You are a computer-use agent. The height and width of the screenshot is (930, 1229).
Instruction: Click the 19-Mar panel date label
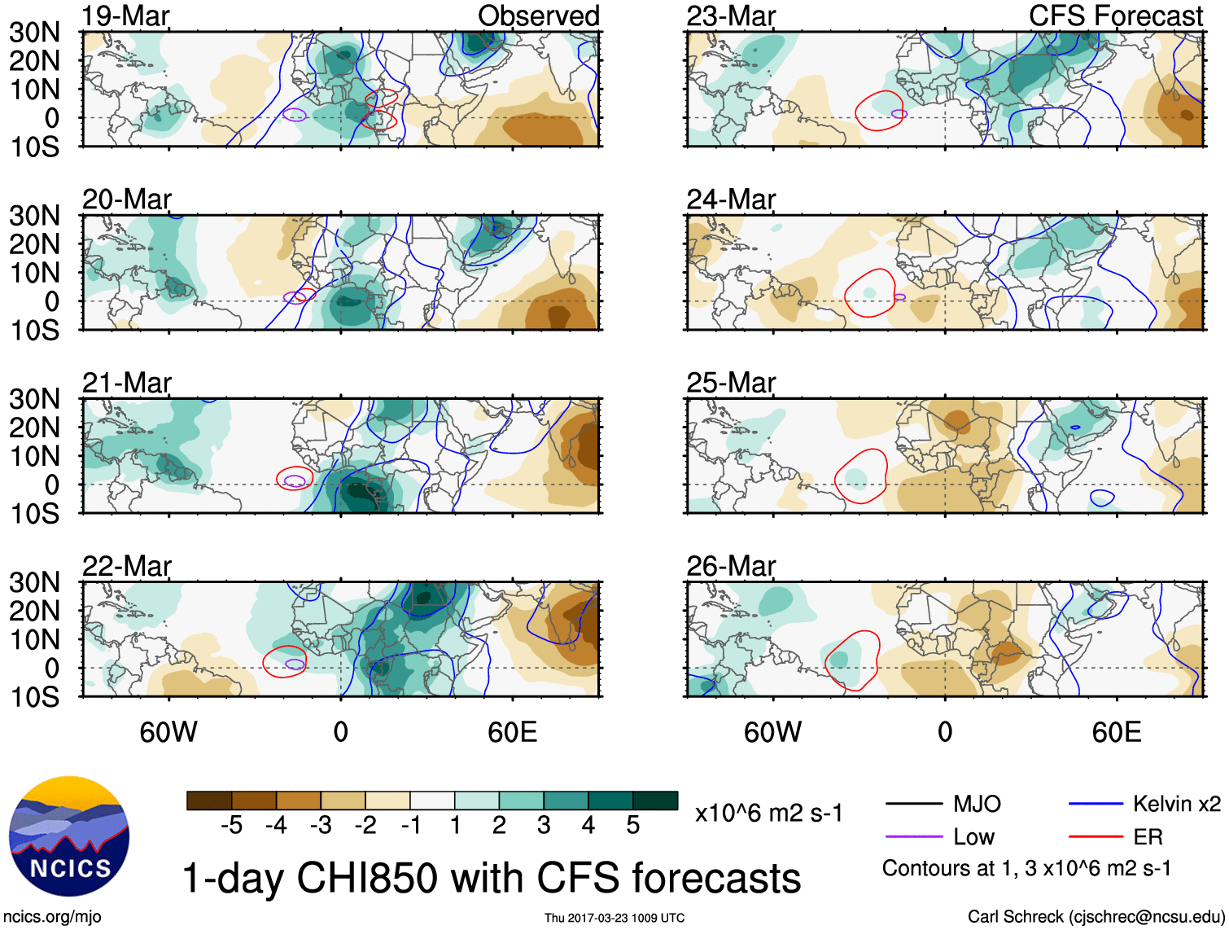click(125, 15)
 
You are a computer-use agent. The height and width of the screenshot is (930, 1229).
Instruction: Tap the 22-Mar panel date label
click(127, 566)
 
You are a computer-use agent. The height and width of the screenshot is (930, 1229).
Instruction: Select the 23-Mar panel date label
click(731, 15)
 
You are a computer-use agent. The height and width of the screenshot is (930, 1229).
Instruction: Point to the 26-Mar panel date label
click(731, 566)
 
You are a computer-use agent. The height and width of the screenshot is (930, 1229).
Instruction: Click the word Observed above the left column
click(538, 15)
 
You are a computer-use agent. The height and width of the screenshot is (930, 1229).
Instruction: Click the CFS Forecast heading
click(1115, 15)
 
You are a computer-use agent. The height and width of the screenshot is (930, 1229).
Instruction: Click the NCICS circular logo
click(68, 837)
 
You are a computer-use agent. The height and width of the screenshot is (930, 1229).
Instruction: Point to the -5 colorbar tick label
click(231, 826)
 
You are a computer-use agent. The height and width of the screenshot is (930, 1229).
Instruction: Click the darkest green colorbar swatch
click(655, 801)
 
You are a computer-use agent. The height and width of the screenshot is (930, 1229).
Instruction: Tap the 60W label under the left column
click(168, 732)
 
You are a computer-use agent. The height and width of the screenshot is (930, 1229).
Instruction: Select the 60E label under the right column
click(1116, 732)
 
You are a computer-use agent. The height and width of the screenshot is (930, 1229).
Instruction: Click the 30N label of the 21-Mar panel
click(34, 399)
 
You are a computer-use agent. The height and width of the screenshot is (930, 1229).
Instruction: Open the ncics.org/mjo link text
click(52, 917)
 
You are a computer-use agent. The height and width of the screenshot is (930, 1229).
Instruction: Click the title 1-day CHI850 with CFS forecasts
click(491, 879)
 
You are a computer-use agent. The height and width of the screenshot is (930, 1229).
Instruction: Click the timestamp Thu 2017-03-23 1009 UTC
click(614, 918)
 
